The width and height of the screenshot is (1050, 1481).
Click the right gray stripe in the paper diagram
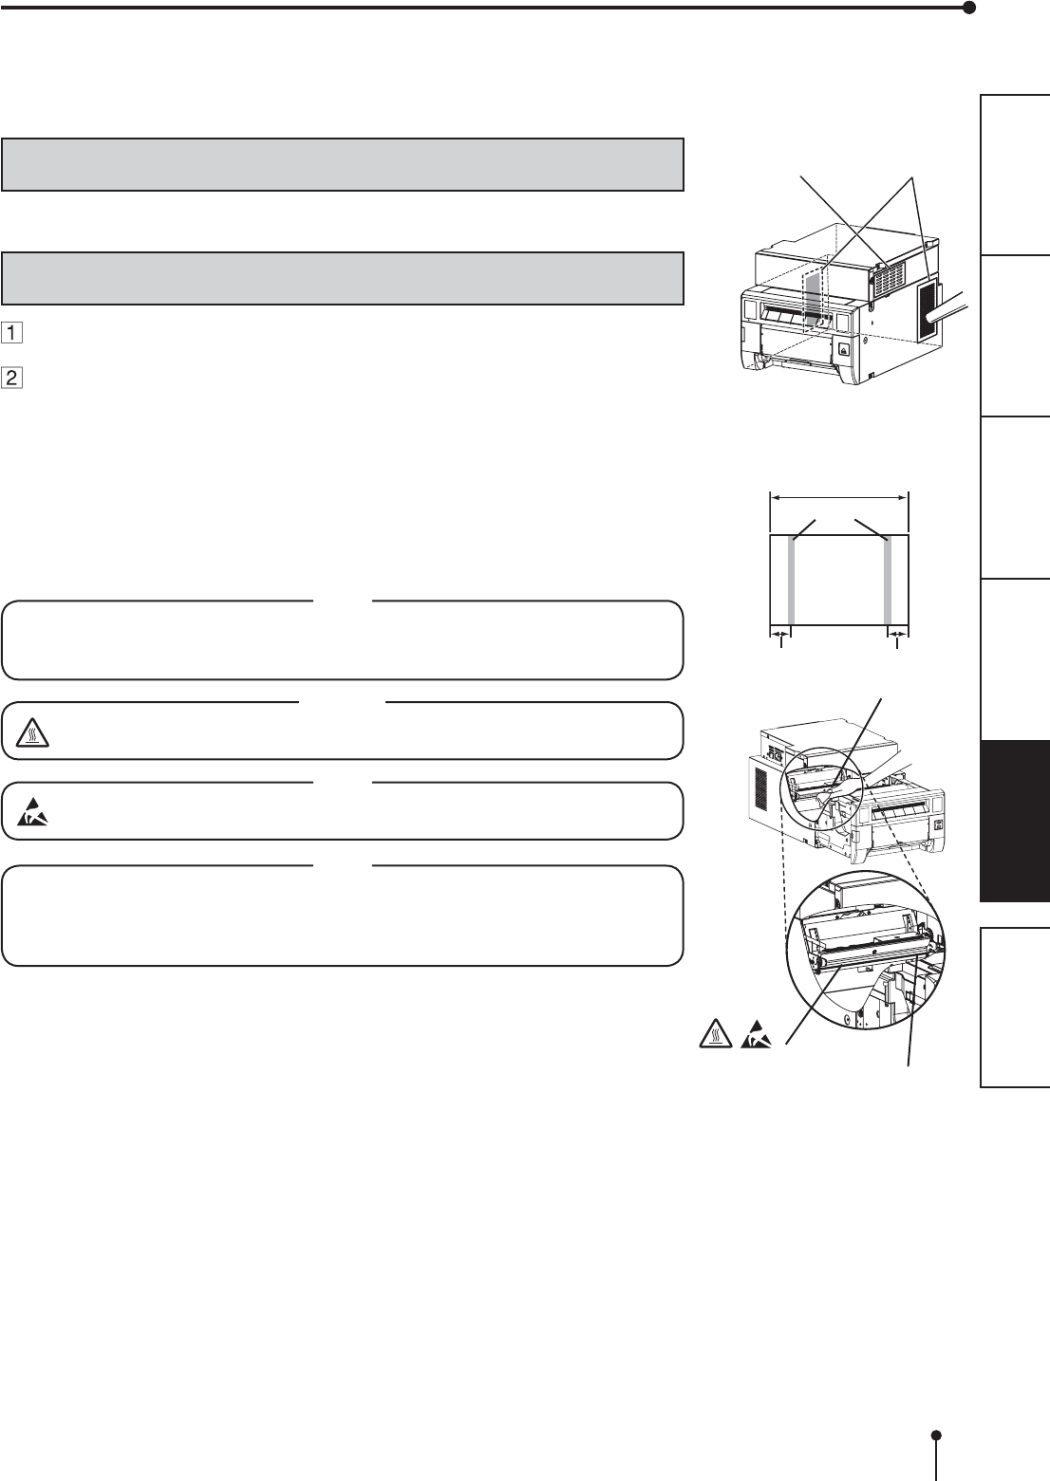(889, 579)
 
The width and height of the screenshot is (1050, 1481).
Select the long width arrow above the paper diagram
(838, 495)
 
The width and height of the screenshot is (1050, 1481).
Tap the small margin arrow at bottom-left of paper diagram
(778, 633)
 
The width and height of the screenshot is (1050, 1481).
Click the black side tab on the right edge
(1015, 820)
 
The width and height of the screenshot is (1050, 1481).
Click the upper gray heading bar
(342, 165)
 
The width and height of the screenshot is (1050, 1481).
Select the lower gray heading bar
(342, 278)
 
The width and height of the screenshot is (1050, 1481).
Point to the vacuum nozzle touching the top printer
(949, 308)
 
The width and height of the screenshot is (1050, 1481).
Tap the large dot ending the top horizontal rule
(968, 8)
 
